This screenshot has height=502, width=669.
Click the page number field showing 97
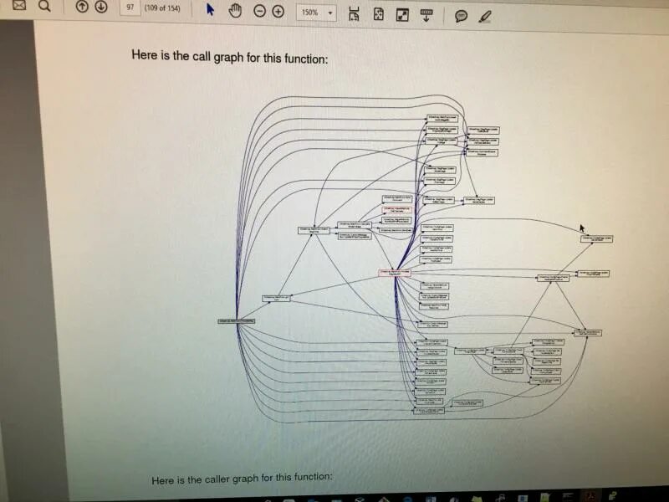130,8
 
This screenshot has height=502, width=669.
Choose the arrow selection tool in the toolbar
210,10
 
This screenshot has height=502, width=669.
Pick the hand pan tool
235,11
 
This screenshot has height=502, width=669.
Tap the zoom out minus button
259,12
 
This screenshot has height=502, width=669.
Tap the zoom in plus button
278,12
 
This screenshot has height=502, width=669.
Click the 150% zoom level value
309,13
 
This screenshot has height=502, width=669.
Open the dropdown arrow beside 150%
332,13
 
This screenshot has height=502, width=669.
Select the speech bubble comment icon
461,16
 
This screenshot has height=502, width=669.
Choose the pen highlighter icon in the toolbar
485,16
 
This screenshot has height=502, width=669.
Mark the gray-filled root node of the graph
236,321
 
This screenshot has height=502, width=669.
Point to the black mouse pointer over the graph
582,228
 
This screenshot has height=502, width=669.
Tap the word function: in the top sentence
303,59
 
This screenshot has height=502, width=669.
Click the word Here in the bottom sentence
163,480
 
